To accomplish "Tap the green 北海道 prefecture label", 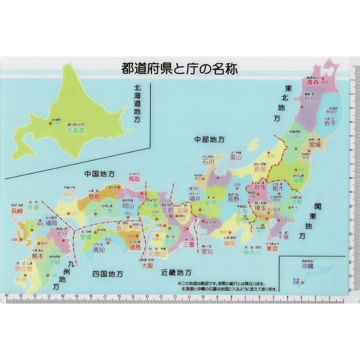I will pos(76,130).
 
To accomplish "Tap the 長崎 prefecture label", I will pos(17,212).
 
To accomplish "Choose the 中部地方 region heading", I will pos(209,140).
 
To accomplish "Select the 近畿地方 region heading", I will pos(176,272).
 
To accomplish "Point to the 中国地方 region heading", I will pos(99,174).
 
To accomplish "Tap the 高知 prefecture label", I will pos(99,250).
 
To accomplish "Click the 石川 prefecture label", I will pos(208,162).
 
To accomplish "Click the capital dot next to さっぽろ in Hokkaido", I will pos(50,124).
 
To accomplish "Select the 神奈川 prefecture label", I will pos(252,253).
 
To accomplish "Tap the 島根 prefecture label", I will pos(94,196).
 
